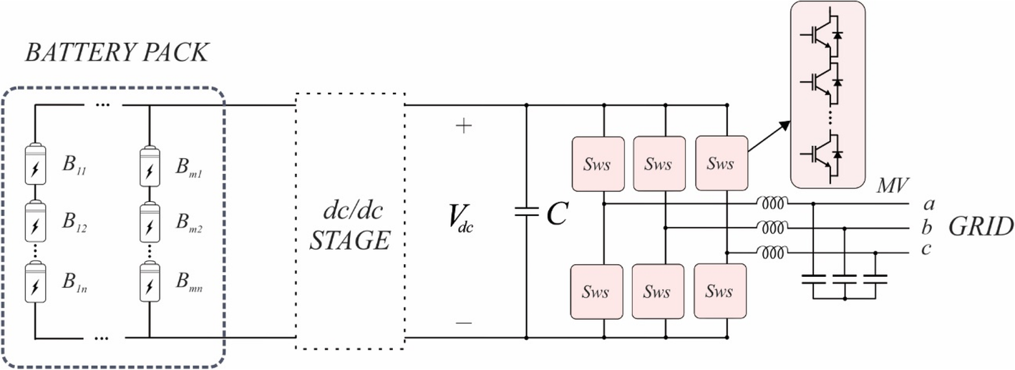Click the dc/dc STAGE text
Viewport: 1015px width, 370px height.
[350, 225]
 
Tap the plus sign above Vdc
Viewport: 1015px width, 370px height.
[464, 127]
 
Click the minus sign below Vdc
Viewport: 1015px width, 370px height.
[464, 323]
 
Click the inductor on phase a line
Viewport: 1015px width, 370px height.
[773, 203]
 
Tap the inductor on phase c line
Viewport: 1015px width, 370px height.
[773, 252]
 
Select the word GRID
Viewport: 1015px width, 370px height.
[981, 228]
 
